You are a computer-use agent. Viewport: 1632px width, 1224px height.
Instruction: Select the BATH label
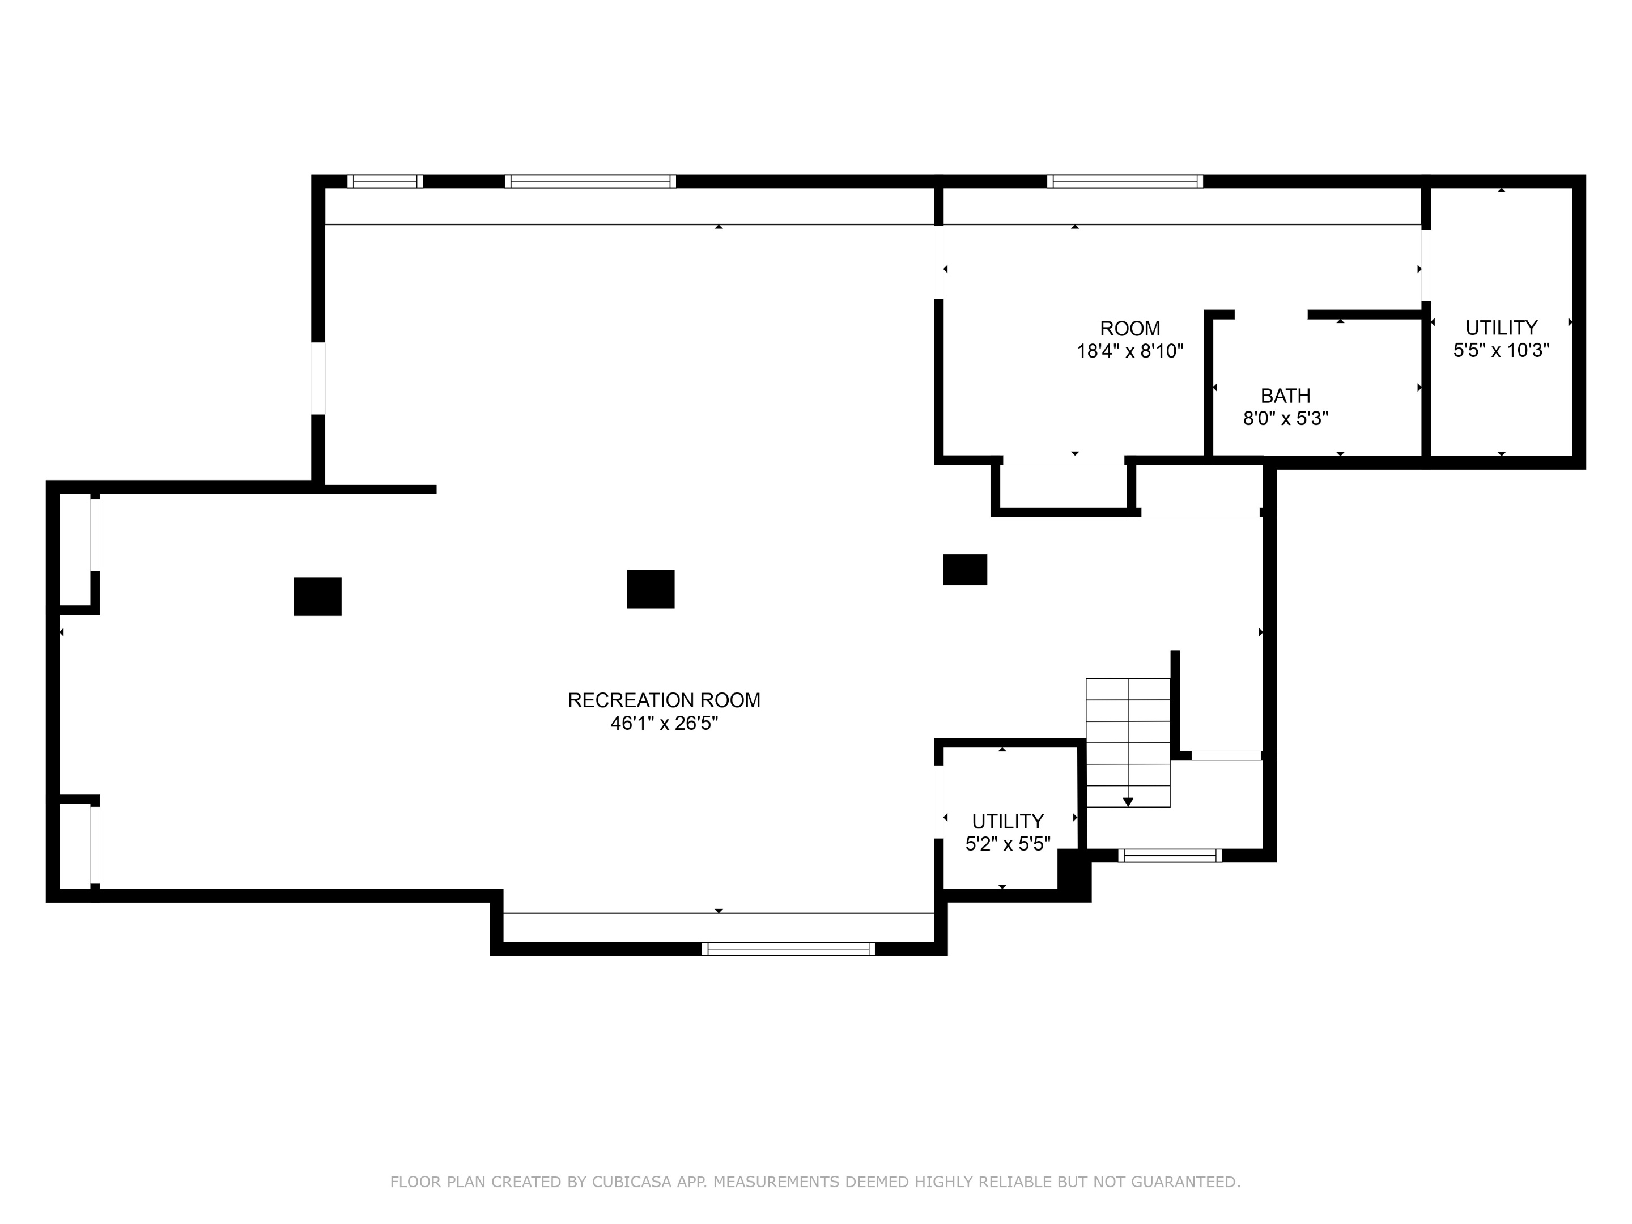(1285, 396)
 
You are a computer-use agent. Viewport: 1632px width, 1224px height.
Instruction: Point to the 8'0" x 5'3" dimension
(1285, 418)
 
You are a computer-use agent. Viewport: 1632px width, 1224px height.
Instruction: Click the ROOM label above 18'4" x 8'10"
(1129, 328)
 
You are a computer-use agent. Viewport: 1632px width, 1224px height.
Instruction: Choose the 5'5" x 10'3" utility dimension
(1501, 350)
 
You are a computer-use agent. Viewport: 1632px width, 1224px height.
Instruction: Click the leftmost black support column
(317, 596)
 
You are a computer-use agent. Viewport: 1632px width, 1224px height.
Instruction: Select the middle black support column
(650, 589)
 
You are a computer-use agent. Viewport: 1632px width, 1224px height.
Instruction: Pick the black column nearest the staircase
(964, 569)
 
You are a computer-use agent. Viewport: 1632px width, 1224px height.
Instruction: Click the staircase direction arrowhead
(1127, 802)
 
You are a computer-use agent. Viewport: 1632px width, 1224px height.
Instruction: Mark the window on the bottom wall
(788, 949)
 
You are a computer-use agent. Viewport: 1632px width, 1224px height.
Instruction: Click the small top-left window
(384, 181)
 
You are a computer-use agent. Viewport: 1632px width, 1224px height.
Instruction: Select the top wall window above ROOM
(1124, 181)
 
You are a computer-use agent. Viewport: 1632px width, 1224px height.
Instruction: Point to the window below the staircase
(1170, 856)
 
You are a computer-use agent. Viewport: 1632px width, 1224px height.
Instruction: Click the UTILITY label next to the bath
(1501, 327)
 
